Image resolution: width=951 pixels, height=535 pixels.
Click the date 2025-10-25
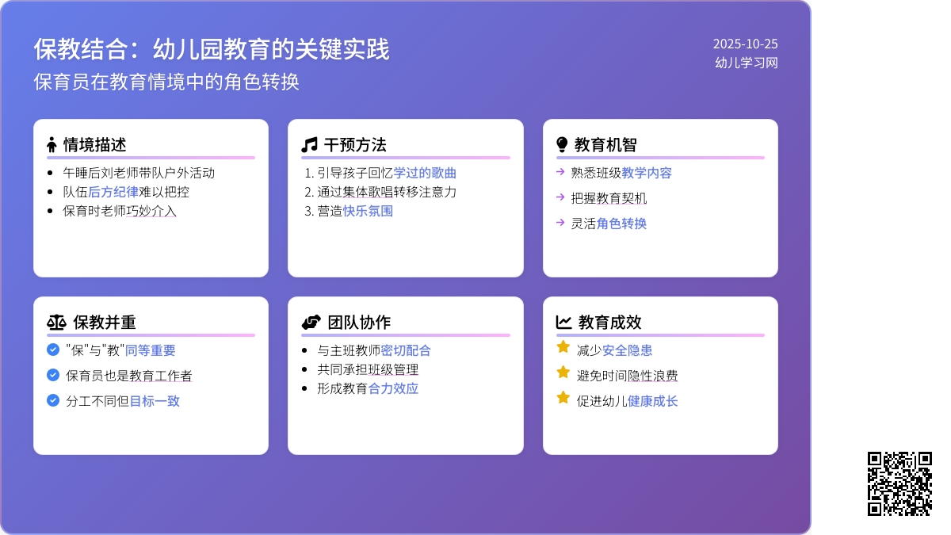tap(745, 44)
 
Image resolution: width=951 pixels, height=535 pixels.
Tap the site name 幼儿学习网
tap(746, 63)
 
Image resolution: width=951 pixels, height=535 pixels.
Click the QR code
tap(899, 483)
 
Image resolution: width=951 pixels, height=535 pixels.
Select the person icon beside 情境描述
tap(52, 144)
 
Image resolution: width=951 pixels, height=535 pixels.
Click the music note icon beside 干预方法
tap(309, 144)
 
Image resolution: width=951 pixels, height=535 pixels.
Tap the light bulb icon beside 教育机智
tap(562, 144)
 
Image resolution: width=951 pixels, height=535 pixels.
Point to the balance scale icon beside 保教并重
tap(57, 322)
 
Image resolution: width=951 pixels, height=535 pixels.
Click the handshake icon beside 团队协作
tap(311, 322)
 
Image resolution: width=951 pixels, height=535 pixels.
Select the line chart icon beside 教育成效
tap(563, 322)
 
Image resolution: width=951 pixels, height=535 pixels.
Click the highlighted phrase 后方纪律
tap(113, 192)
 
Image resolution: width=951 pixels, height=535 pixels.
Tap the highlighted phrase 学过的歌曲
tap(425, 173)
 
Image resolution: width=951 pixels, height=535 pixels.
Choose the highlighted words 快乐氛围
tap(368, 211)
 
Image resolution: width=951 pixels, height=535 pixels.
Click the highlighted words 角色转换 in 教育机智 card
tap(621, 224)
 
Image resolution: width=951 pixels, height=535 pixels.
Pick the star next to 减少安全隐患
tap(563, 347)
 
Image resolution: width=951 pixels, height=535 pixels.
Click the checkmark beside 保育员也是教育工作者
tap(53, 375)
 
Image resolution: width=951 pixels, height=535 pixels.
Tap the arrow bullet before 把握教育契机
tap(560, 197)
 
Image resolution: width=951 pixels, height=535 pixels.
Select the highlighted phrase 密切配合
tap(406, 350)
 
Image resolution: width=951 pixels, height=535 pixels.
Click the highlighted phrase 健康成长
tap(652, 401)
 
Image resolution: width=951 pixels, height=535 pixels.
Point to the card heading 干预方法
tap(355, 144)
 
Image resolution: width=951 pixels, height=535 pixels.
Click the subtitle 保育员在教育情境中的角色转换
tap(166, 82)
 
